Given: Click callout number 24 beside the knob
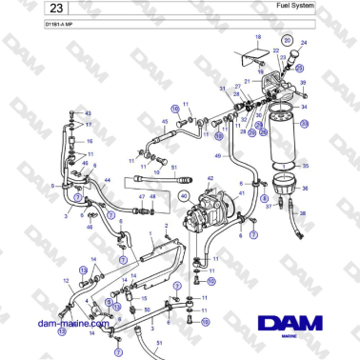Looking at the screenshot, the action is (305, 44).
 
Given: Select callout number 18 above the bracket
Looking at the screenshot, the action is (257, 36).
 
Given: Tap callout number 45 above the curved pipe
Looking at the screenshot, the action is (165, 122).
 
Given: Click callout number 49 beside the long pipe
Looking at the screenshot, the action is (218, 155).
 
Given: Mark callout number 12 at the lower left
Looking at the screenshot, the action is (66, 280).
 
